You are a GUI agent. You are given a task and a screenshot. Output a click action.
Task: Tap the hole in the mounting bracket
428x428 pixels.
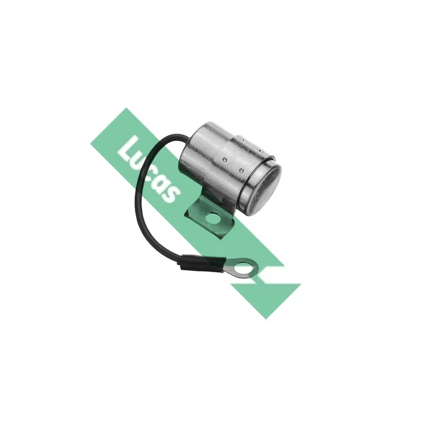pyautogui.click(x=213, y=218)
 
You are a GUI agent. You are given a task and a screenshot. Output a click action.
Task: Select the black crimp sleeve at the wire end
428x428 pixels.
pyautogui.click(x=203, y=262)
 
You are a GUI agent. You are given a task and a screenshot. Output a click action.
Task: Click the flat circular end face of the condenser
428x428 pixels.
pyautogui.click(x=263, y=188)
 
